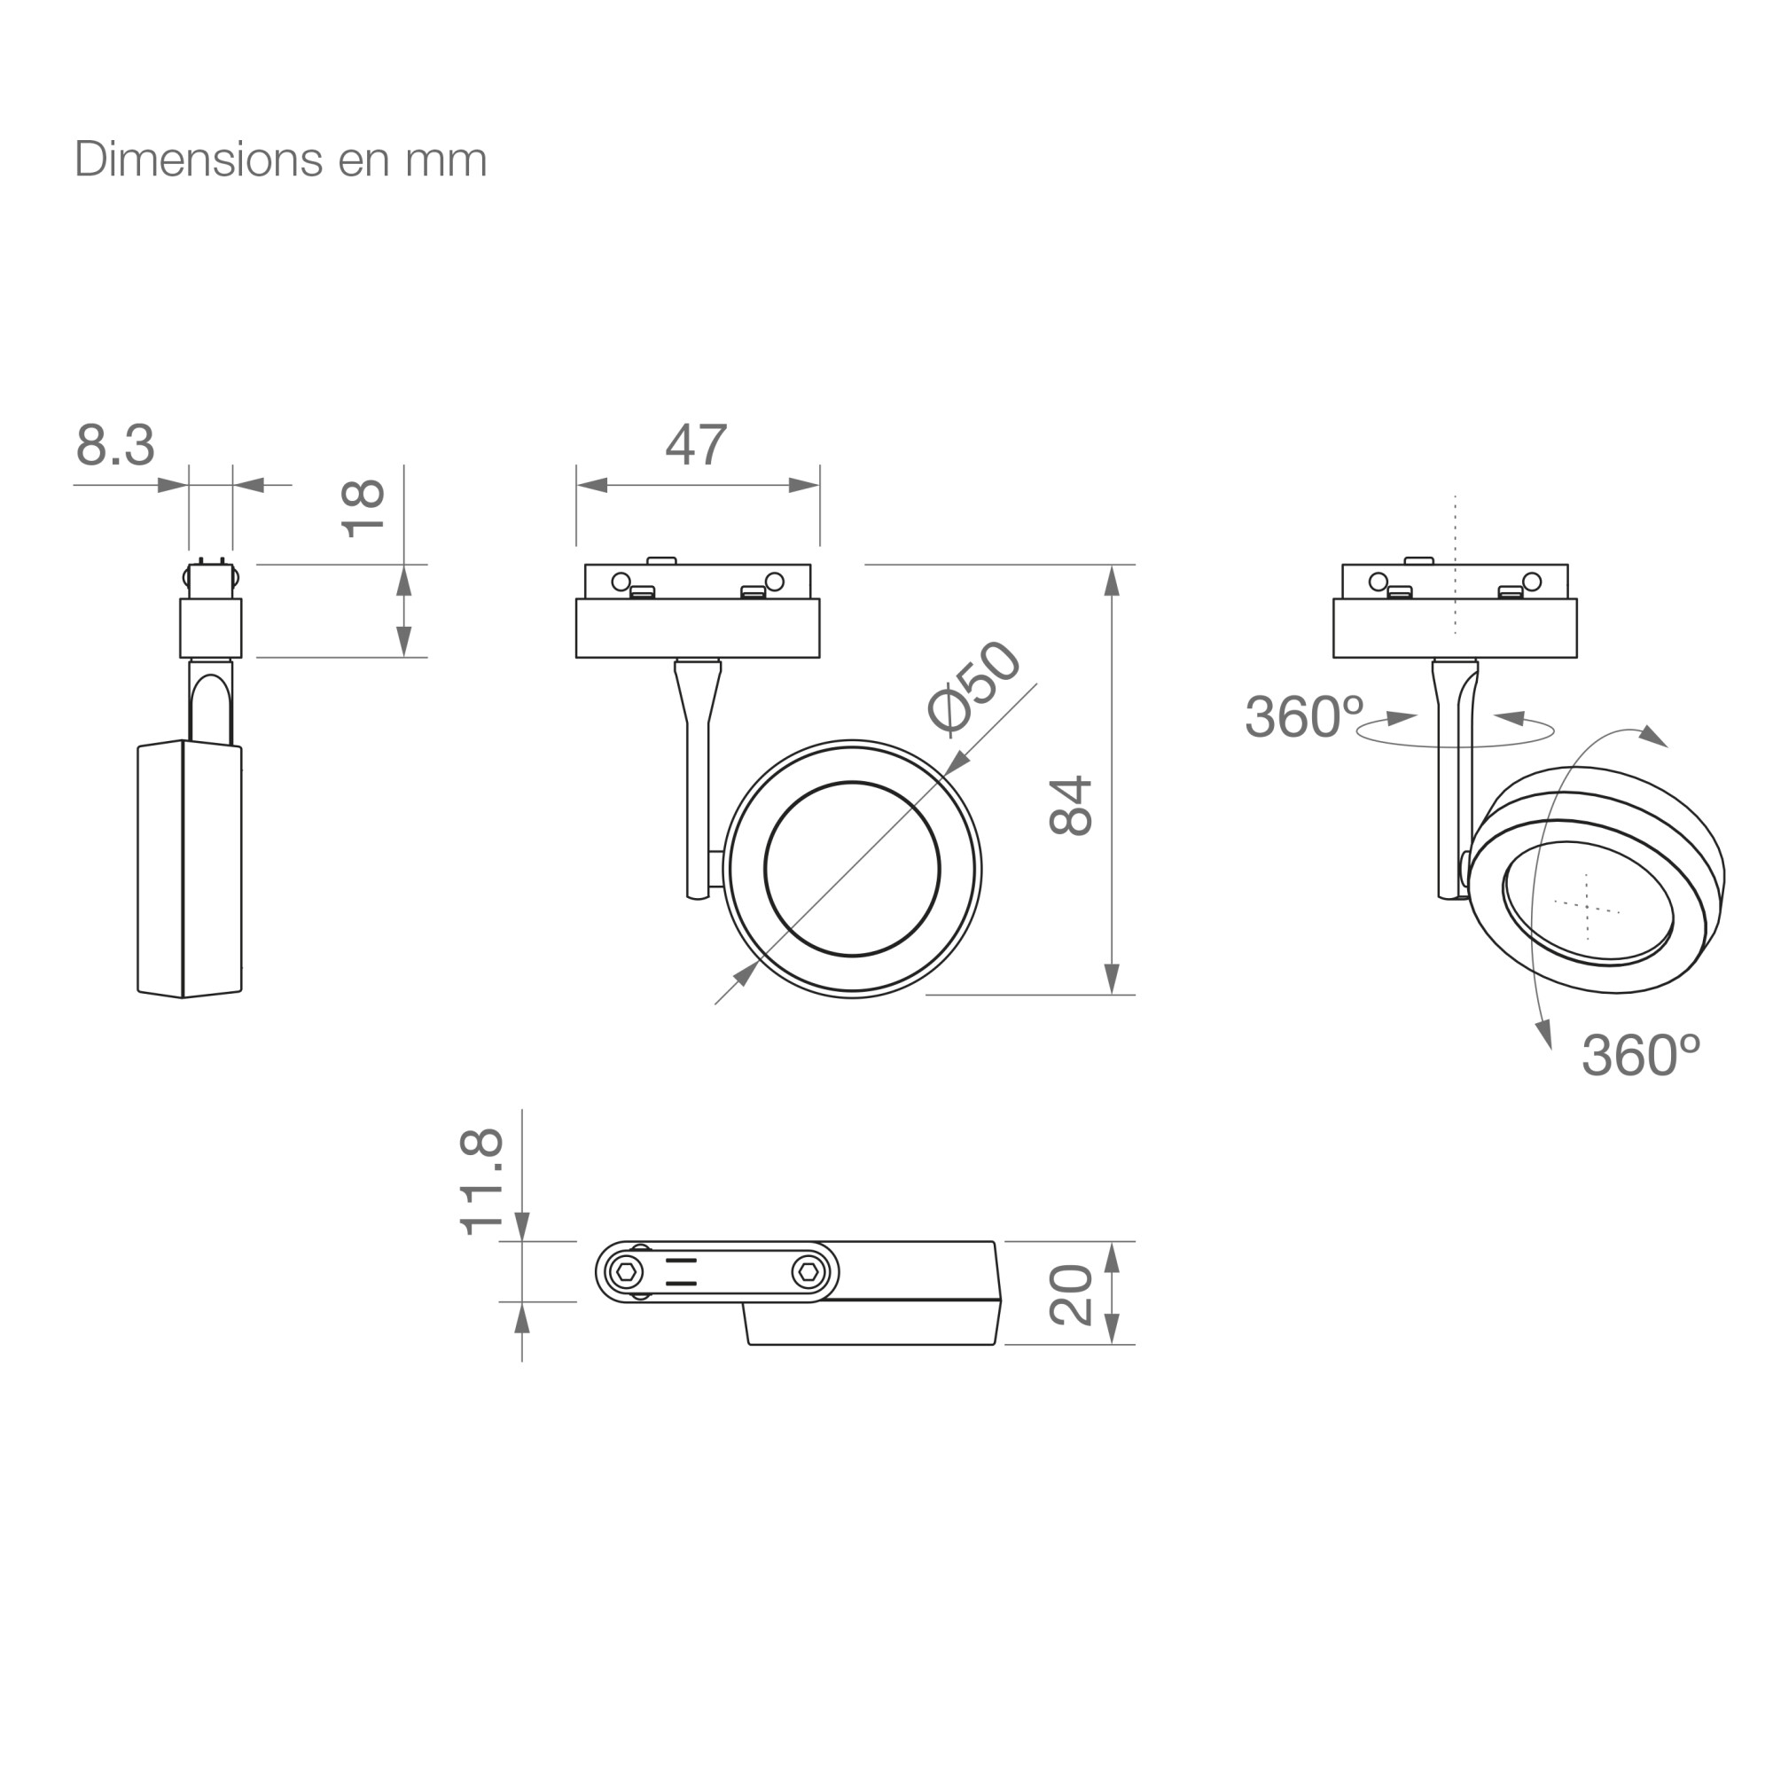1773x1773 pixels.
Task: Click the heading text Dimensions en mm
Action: (281, 160)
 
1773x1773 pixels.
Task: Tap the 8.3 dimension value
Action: (115, 445)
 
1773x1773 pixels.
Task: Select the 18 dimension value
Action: (363, 507)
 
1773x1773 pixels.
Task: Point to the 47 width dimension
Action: (697, 445)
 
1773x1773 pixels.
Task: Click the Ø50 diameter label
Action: (973, 687)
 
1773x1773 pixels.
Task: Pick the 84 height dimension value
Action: (1071, 806)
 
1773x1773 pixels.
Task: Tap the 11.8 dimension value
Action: (481, 1182)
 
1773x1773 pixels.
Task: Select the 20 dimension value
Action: (1071, 1295)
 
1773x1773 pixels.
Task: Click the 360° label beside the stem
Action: (1304, 716)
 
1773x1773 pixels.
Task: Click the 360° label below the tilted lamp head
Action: (1641, 1055)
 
